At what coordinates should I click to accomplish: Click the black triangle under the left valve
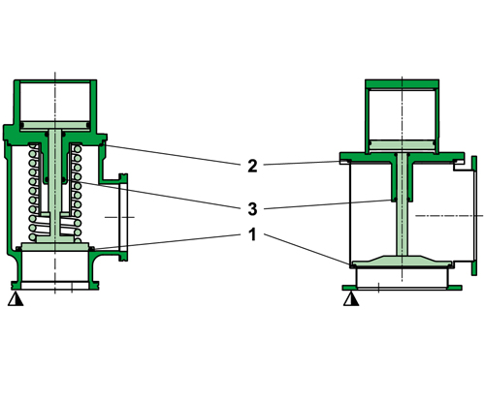[x=15, y=300]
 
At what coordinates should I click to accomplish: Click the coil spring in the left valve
[x=36, y=194]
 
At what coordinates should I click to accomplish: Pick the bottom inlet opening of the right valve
[x=401, y=278]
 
